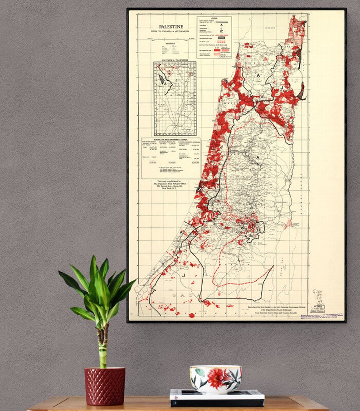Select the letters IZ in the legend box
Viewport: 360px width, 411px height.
click(221, 31)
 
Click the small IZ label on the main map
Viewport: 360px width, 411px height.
click(259, 230)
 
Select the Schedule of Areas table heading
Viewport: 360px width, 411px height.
click(170, 140)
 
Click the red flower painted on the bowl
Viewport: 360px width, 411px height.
click(213, 378)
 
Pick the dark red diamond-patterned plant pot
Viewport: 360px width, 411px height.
click(104, 385)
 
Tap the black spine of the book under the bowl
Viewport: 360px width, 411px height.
click(216, 403)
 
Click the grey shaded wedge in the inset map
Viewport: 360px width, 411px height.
click(162, 79)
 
